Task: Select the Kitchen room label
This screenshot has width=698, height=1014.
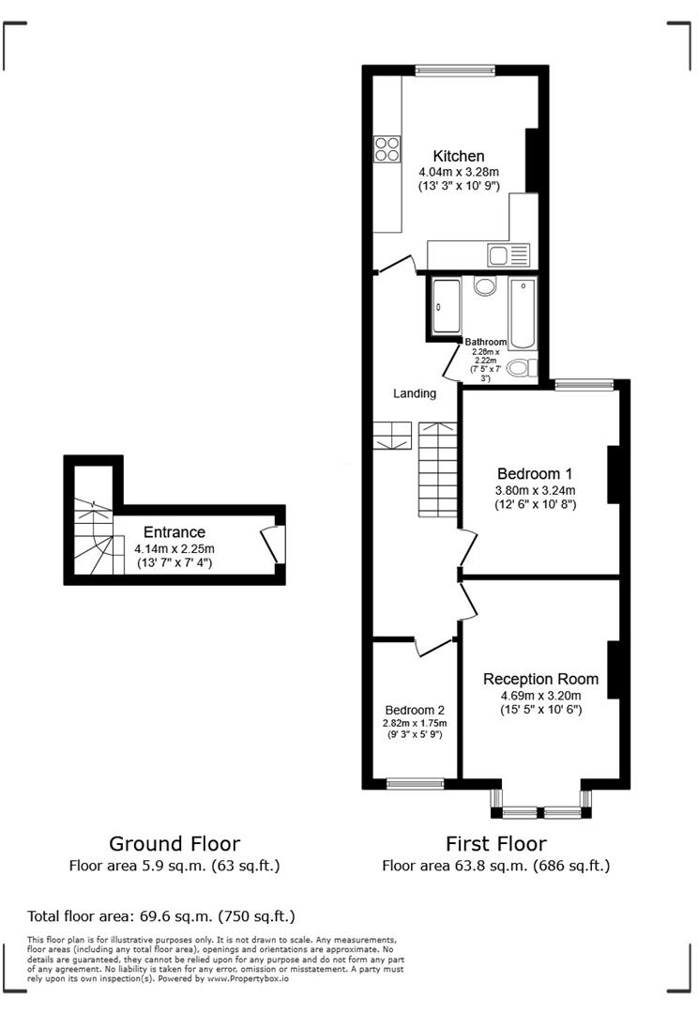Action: (458, 156)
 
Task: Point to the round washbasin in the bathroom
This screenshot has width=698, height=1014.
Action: (485, 286)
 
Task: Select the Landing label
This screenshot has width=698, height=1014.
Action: (415, 393)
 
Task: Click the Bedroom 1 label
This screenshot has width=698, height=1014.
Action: (535, 473)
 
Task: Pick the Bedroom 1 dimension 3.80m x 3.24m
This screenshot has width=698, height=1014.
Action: (535, 490)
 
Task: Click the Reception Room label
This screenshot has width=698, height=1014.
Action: (540, 679)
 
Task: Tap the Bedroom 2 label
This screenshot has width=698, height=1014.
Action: (415, 710)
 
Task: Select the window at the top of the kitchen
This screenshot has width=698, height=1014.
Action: (455, 69)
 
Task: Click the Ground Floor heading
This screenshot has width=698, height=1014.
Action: (174, 843)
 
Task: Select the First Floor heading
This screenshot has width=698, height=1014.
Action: (496, 843)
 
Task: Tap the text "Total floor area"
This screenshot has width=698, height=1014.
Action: (82, 915)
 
